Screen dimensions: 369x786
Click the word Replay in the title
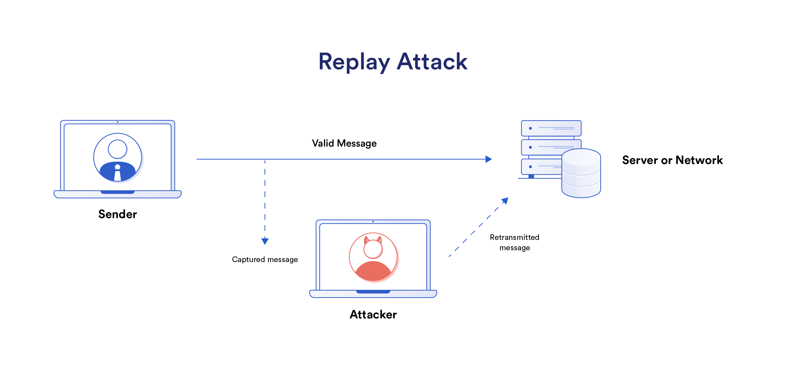354,62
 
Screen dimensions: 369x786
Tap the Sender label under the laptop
117,214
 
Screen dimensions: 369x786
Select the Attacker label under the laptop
373,314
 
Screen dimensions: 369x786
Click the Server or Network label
672,160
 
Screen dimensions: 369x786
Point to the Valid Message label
344,143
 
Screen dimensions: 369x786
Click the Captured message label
265,259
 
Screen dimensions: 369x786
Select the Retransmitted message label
514,242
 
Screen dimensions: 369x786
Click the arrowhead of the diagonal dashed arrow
505,201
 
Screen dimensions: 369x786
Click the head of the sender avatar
117,149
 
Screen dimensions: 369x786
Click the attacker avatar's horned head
373,248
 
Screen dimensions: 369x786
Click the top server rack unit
551,128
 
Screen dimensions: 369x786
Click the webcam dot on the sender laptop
117,122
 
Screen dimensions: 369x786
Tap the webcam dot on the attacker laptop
373,221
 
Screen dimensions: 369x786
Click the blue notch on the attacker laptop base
373,292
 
